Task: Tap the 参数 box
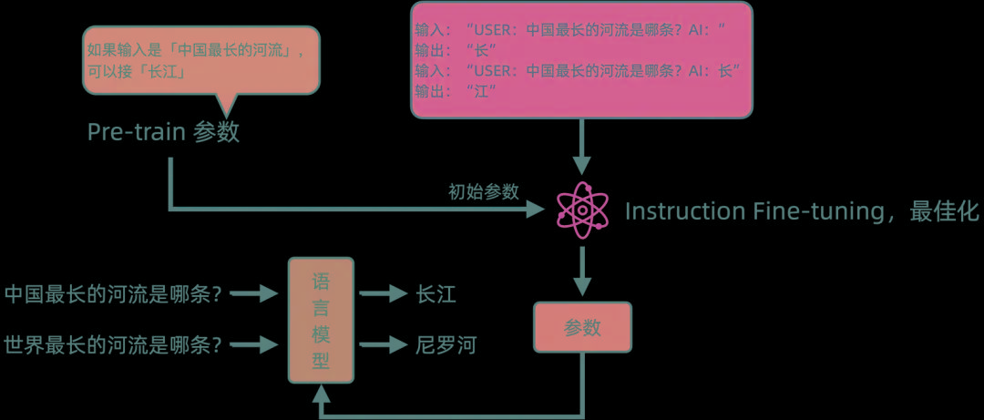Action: click(x=582, y=328)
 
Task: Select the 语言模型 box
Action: click(x=321, y=321)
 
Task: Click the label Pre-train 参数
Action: click(x=163, y=132)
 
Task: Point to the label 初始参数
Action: click(x=483, y=191)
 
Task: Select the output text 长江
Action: click(x=436, y=293)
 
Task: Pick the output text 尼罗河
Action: click(x=446, y=345)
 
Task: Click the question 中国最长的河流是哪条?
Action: click(x=113, y=293)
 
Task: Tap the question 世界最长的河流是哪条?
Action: click(x=113, y=345)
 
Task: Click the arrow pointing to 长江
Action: click(x=382, y=293)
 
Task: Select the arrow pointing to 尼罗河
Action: click(x=382, y=345)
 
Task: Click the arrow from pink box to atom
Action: click(x=582, y=147)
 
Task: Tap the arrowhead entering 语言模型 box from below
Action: click(x=321, y=394)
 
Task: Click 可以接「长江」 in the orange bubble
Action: click(x=137, y=72)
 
